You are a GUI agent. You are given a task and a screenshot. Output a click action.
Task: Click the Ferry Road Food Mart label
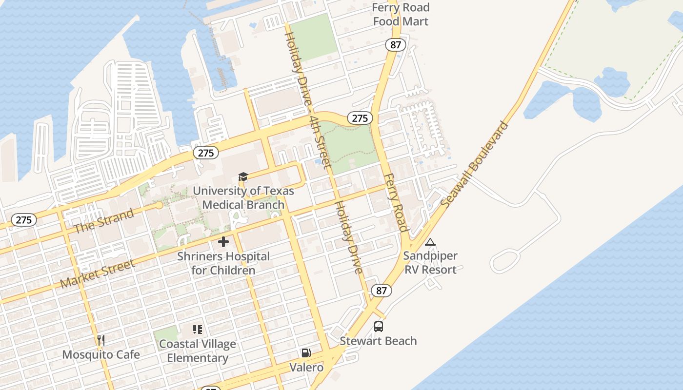[x=401, y=15]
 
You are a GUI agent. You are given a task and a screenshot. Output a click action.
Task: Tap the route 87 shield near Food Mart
[x=395, y=45]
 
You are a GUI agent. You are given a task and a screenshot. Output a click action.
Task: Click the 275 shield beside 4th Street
[x=360, y=118]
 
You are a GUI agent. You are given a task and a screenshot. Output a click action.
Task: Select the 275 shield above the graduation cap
[x=206, y=153]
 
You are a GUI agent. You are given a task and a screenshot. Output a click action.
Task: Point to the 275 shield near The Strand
[x=23, y=220]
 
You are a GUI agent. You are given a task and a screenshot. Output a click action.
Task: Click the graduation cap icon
[x=243, y=176]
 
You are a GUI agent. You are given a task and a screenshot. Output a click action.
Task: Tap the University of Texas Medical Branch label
[x=243, y=197]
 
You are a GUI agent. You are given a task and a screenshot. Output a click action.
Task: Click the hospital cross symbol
[x=223, y=242]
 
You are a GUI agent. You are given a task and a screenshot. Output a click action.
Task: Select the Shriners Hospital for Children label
[x=223, y=263]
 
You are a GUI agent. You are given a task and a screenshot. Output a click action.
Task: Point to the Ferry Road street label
[x=395, y=202]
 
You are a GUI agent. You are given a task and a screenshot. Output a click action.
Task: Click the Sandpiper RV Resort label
[x=430, y=263]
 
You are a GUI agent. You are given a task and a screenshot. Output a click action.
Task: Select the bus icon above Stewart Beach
[x=379, y=327]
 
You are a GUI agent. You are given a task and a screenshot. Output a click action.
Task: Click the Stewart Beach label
[x=378, y=341]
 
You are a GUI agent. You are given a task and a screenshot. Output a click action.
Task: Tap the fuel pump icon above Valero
[x=306, y=353]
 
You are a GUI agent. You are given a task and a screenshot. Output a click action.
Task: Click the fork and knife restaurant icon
[x=101, y=340]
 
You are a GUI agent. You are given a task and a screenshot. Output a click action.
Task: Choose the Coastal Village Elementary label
[x=198, y=351]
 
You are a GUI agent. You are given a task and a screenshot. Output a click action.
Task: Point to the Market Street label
[x=97, y=274]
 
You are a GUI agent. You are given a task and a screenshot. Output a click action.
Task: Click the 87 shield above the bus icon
[x=381, y=291]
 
